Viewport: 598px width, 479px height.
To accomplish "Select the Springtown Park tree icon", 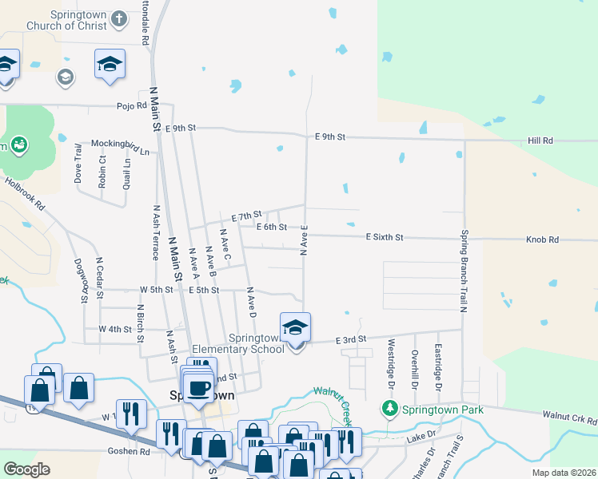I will tap(389, 410).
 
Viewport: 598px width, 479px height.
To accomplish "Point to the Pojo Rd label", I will tap(132, 105).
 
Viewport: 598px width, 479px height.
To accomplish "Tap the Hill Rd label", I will tap(540, 141).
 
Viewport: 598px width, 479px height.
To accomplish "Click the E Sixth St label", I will tap(385, 237).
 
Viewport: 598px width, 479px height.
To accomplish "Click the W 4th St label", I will tap(114, 329).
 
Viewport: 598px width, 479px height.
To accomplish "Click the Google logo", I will tap(26, 469).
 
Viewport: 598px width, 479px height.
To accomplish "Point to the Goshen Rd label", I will tap(129, 451).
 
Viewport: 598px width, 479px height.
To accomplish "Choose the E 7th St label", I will tap(247, 216).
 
